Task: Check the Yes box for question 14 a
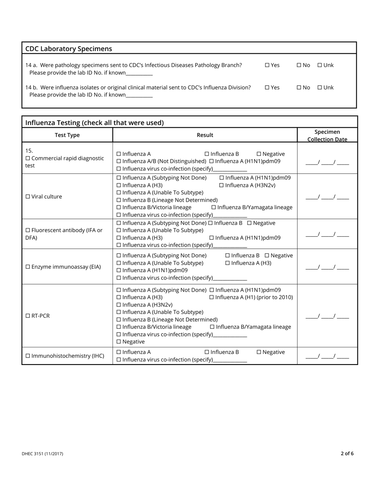[x=267, y=65]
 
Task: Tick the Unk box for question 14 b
[x=320, y=88]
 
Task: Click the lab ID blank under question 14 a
[x=139, y=73]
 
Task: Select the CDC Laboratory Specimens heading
[x=69, y=49]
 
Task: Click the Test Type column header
[x=67, y=135]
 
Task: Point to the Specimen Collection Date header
[x=327, y=136]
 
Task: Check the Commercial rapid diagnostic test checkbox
[x=28, y=158]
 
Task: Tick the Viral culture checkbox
[x=28, y=197]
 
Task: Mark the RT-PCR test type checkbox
[x=28, y=316]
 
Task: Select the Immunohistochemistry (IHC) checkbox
[x=28, y=356]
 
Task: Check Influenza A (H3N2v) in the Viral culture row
[x=222, y=185]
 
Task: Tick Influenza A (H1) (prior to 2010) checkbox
[x=212, y=298]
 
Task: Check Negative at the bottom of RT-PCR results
[x=119, y=342]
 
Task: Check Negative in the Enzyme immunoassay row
[x=267, y=256]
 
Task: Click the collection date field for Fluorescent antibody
[x=327, y=234]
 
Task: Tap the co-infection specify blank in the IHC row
[x=230, y=360]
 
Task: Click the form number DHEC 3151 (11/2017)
[x=42, y=454]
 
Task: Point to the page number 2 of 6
[x=347, y=453]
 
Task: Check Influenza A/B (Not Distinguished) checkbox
[x=119, y=161]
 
